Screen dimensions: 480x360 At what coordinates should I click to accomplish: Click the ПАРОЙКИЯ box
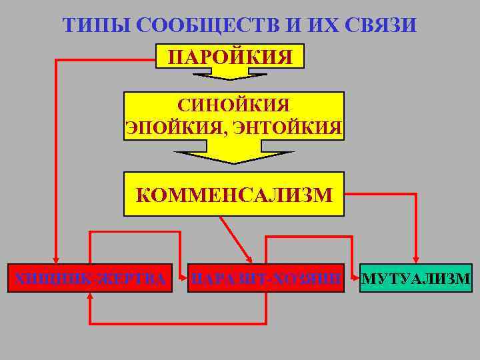230,56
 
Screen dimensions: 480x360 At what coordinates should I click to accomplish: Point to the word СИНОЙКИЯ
233,105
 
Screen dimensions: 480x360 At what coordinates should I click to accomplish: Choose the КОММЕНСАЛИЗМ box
233,195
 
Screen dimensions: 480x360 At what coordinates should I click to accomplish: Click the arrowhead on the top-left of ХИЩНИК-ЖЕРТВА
56,259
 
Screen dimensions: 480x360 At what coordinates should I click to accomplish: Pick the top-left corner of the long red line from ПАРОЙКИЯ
56,61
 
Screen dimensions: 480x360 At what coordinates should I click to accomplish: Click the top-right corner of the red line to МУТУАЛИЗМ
416,195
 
